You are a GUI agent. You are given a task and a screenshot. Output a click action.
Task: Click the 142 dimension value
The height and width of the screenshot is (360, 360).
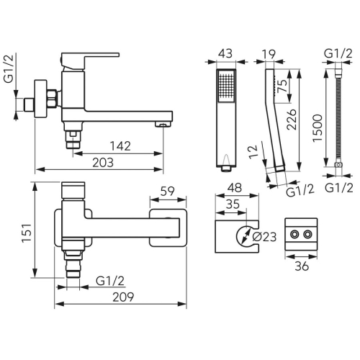click(120, 146)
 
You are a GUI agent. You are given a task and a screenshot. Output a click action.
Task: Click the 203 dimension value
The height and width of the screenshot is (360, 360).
click(103, 163)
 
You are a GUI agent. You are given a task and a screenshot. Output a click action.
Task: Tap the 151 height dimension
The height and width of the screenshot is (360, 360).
click(27, 233)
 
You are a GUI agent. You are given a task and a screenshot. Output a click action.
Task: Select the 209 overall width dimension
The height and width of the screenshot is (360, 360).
click(123, 297)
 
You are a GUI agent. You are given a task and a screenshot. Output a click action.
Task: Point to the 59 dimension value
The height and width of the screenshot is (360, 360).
click(167, 192)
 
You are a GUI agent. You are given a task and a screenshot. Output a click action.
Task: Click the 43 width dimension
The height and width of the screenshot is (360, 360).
click(225, 53)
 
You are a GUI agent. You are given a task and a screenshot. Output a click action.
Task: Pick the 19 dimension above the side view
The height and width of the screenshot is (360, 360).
click(269, 54)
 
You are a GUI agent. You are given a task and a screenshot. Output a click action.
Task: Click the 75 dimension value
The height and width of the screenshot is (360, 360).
click(282, 86)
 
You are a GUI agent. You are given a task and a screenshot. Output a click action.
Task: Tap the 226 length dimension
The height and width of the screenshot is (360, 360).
click(292, 120)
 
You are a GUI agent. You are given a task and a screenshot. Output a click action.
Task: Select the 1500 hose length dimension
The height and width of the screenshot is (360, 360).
click(318, 128)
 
